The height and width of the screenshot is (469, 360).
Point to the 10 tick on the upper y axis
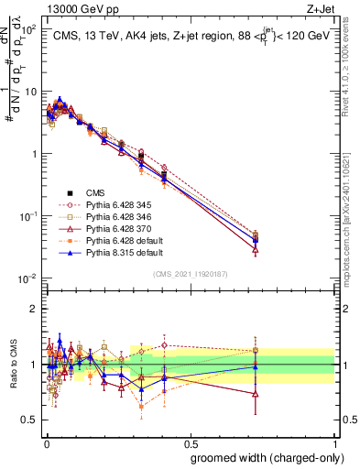(31, 92)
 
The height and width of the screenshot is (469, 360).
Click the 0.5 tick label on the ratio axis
(31, 420)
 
